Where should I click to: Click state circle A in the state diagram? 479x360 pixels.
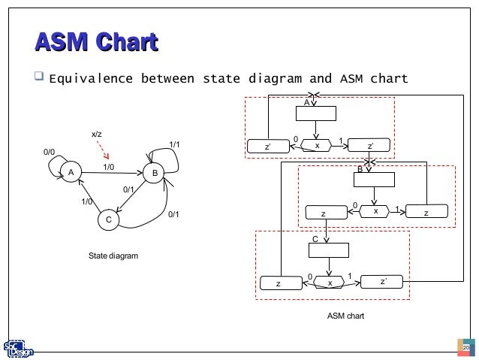click(x=71, y=172)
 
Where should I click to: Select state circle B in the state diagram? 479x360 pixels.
click(x=154, y=173)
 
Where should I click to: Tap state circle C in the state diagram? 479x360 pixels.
click(x=108, y=219)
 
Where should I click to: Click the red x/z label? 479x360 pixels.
click(x=97, y=135)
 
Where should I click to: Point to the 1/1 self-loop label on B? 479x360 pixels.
click(x=174, y=144)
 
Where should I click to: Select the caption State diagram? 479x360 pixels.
click(x=113, y=256)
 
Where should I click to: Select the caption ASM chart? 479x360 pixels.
click(x=345, y=316)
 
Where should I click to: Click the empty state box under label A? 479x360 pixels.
click(x=315, y=113)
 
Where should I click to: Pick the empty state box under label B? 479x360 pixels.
click(x=374, y=179)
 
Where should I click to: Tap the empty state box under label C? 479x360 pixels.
click(x=329, y=250)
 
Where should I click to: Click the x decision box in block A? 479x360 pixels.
click(x=316, y=146)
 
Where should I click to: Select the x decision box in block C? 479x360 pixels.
click(x=329, y=283)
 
